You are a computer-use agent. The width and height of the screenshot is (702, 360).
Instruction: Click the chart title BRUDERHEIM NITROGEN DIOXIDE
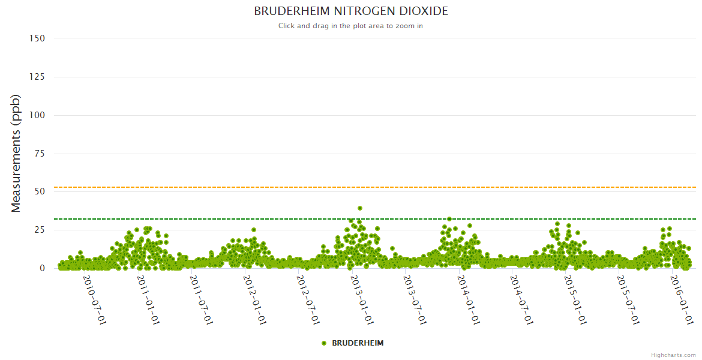pyautogui.click(x=351, y=11)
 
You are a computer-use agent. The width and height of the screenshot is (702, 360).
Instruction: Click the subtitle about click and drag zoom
pyautogui.click(x=351, y=26)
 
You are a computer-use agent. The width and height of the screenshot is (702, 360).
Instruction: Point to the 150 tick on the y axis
pyautogui.click(x=37, y=38)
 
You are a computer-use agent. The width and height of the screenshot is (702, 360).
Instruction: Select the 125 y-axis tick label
pyautogui.click(x=37, y=76)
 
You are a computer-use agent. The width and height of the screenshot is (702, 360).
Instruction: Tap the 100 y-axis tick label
pyautogui.click(x=37, y=115)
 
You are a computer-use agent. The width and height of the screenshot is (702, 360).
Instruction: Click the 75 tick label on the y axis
pyautogui.click(x=40, y=153)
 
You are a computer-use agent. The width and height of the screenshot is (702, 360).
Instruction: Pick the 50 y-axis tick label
pyautogui.click(x=40, y=191)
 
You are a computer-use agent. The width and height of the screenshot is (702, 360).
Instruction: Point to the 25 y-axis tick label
pyautogui.click(x=40, y=230)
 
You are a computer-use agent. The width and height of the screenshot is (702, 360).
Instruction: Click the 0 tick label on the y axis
pyautogui.click(x=42, y=268)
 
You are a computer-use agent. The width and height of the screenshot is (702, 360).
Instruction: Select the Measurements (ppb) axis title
pyautogui.click(x=16, y=153)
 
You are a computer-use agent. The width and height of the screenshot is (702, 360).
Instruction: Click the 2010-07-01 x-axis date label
pyautogui.click(x=94, y=299)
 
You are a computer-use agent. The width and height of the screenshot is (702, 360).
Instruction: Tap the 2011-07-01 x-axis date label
pyautogui.click(x=201, y=299)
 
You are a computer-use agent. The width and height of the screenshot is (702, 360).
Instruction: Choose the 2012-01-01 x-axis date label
pyautogui.click(x=255, y=299)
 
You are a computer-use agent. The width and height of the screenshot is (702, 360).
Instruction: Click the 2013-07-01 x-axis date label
pyautogui.click(x=415, y=299)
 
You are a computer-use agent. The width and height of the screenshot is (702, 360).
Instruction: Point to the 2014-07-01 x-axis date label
pyautogui.click(x=522, y=299)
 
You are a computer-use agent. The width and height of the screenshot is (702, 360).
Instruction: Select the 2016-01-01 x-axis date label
pyautogui.click(x=682, y=299)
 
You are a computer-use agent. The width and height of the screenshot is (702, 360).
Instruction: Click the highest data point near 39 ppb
pyautogui.click(x=360, y=208)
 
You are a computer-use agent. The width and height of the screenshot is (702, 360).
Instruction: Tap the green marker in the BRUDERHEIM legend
pyautogui.click(x=324, y=343)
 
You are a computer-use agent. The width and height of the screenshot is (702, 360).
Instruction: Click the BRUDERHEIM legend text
pyautogui.click(x=358, y=343)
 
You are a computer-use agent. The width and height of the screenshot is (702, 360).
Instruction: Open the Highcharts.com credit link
pyautogui.click(x=673, y=355)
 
